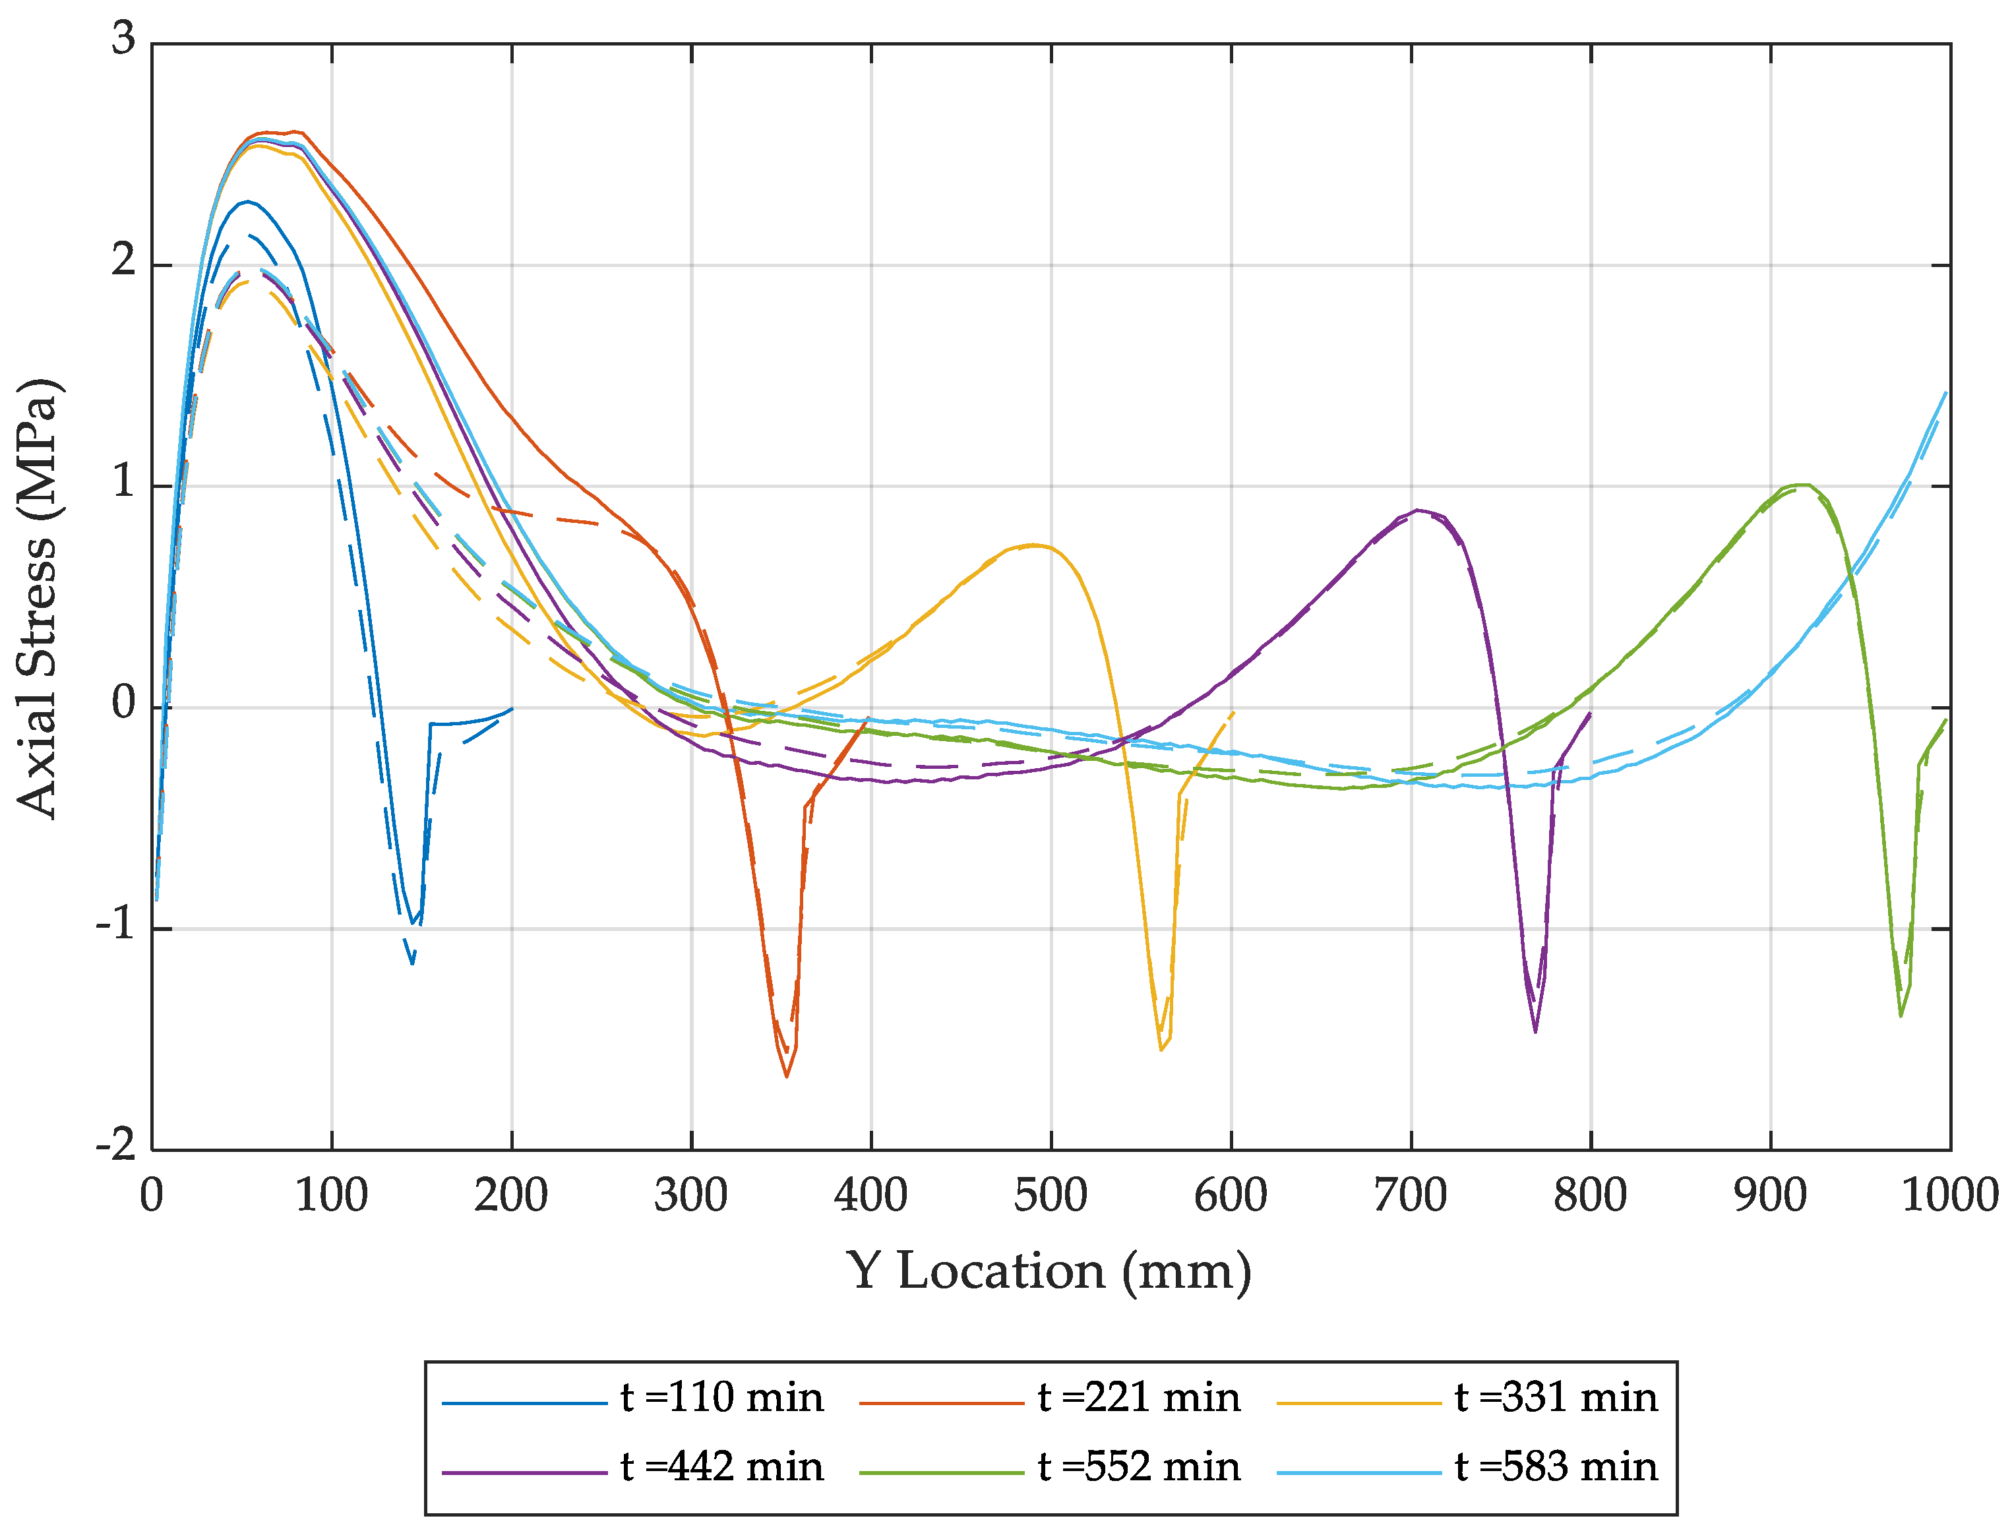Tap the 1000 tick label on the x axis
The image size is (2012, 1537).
pyautogui.click(x=1949, y=1195)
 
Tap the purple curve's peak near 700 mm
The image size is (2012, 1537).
pyautogui.click(x=1417, y=510)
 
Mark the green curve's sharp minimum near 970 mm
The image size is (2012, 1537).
pyautogui.click(x=1901, y=1015)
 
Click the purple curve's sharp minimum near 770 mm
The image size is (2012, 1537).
pyautogui.click(x=1535, y=1031)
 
